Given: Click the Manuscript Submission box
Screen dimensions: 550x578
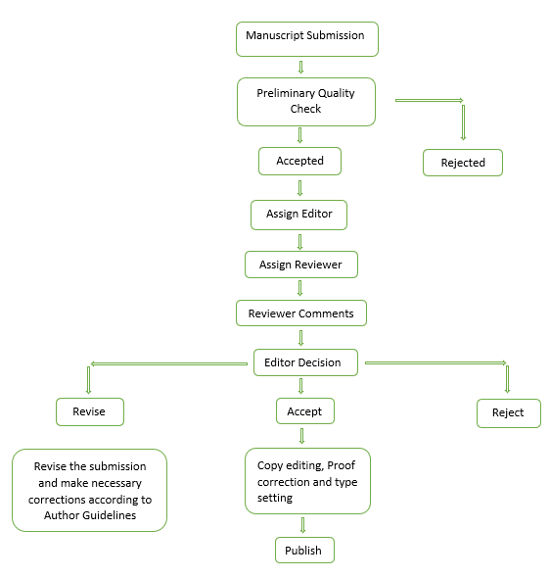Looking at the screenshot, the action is pyautogui.click(x=307, y=39).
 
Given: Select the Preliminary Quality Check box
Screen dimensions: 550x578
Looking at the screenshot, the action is pyautogui.click(x=306, y=102).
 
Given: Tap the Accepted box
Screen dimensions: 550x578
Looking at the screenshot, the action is pyautogui.click(x=299, y=161).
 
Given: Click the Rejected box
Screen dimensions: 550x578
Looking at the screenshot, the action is pyautogui.click(x=463, y=163).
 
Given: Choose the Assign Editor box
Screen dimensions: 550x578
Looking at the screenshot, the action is pyautogui.click(x=298, y=215).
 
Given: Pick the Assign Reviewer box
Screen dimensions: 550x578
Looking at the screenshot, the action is pyautogui.click(x=301, y=265).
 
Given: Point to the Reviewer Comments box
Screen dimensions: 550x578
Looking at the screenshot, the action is pyautogui.click(x=301, y=313).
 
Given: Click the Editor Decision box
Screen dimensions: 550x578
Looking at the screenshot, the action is pyautogui.click(x=305, y=362).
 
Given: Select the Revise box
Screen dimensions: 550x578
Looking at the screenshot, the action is pyautogui.click(x=90, y=411).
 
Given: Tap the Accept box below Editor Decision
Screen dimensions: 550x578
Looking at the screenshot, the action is pyautogui.click(x=305, y=411).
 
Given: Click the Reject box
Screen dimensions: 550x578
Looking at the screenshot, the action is pyautogui.click(x=509, y=413).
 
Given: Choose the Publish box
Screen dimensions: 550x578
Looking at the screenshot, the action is pyautogui.click(x=304, y=550).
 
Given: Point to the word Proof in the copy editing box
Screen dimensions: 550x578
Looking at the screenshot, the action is pyautogui.click(x=341, y=465).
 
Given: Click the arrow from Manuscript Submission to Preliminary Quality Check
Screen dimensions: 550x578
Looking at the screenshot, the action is pyautogui.click(x=300, y=67).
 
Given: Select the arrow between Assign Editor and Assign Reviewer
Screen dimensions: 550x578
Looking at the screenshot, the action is pyautogui.click(x=300, y=242).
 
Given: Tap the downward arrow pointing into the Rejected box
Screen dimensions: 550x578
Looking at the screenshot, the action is pyautogui.click(x=463, y=122).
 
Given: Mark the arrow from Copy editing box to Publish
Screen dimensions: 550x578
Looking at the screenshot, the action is pyautogui.click(x=302, y=525).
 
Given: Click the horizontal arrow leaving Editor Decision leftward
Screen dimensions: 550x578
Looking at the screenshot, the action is pyautogui.click(x=169, y=363).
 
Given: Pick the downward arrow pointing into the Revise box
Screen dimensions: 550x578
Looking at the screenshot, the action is pyautogui.click(x=88, y=380).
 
